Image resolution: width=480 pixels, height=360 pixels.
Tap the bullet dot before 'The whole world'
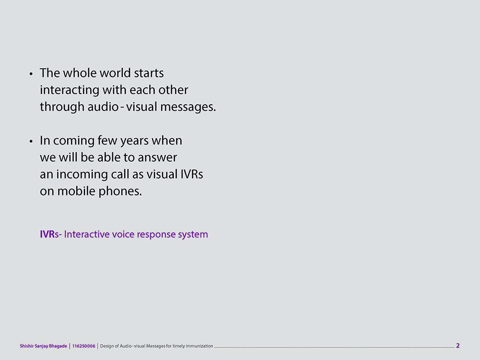tap(31, 74)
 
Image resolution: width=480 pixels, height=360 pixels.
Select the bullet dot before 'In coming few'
tap(31, 141)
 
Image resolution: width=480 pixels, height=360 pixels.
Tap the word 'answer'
tap(157, 157)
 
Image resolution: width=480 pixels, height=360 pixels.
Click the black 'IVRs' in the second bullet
tap(192, 174)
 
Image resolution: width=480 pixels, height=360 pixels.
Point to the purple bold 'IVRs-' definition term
tap(51, 234)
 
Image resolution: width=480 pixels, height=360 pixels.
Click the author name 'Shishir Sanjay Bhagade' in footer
tap(44, 346)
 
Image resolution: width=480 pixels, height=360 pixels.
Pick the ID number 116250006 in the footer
tap(84, 346)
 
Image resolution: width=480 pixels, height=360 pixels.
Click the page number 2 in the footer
tap(457, 346)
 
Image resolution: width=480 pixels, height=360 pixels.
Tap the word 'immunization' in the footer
tap(199, 346)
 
